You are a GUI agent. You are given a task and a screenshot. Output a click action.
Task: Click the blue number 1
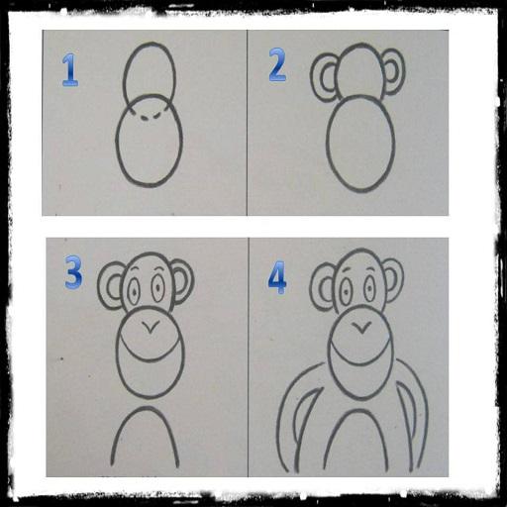click(70, 70)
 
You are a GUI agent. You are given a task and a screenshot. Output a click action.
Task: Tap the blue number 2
click(277, 64)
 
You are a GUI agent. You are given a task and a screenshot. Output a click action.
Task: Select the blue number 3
click(73, 272)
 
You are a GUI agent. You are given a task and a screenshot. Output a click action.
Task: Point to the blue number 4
click(277, 277)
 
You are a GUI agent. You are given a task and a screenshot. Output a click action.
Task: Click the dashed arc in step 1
click(150, 116)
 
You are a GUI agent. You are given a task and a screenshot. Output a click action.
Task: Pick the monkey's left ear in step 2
click(324, 77)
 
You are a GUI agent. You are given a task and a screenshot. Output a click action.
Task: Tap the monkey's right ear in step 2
click(394, 72)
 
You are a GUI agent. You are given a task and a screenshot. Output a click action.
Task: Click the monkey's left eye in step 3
click(135, 292)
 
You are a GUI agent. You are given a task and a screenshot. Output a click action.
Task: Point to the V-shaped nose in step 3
click(151, 328)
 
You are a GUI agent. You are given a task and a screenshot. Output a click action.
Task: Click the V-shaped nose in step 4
click(362, 328)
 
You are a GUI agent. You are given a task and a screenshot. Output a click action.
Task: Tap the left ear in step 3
click(111, 285)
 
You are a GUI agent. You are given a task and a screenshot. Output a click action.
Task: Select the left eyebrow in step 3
click(133, 269)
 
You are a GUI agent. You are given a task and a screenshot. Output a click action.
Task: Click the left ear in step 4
click(323, 286)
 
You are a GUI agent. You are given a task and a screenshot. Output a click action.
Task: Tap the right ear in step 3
click(182, 282)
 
